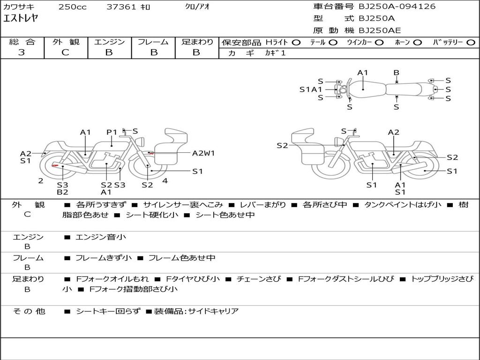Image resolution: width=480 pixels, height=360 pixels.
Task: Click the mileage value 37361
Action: click(121, 7)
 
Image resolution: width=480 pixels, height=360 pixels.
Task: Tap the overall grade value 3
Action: click(22, 52)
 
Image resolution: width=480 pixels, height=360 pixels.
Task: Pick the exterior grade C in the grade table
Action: click(65, 52)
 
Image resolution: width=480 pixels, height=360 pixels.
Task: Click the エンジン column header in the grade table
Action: click(109, 42)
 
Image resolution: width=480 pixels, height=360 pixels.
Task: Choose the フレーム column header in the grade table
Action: click(153, 42)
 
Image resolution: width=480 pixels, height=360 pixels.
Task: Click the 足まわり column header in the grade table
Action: click(197, 42)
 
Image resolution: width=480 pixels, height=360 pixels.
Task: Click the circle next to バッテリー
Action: click(471, 43)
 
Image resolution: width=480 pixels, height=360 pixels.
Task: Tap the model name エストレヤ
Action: click(21, 19)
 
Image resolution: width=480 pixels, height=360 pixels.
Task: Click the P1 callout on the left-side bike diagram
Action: click(112, 132)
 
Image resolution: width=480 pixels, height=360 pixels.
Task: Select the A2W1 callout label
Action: click(203, 153)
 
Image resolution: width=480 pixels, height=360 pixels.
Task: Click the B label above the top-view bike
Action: click(396, 73)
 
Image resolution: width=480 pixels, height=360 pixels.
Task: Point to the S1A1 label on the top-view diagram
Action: click(311, 90)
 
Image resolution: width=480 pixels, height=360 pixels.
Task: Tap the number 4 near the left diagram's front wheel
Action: click(165, 180)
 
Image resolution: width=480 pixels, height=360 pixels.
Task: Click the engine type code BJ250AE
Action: click(380, 31)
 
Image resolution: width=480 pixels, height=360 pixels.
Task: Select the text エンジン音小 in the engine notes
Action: click(101, 237)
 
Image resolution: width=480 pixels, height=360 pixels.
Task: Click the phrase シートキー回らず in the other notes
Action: click(108, 311)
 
